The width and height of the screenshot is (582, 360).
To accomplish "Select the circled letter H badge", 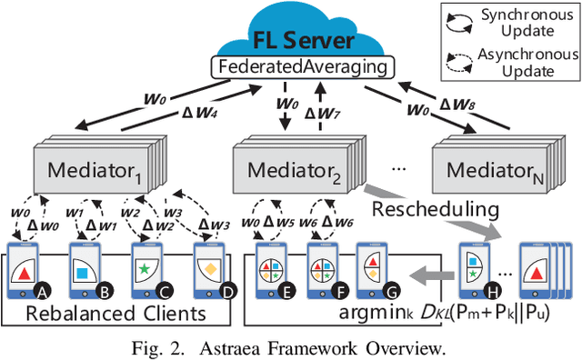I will click(495, 291).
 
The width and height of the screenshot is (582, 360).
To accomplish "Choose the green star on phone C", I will click(143, 270).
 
